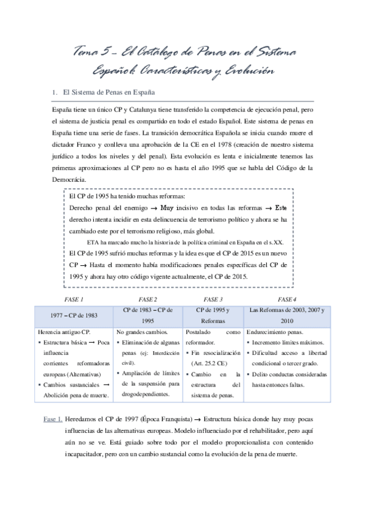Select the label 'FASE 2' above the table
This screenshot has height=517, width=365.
(148, 299)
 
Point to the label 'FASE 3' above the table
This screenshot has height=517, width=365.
(213, 299)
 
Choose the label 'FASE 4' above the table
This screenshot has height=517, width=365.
(287, 299)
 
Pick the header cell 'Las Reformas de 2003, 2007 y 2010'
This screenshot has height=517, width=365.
(287, 315)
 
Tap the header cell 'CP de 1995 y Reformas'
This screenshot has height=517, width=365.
(213, 315)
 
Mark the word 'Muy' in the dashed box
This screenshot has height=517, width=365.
(159, 208)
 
